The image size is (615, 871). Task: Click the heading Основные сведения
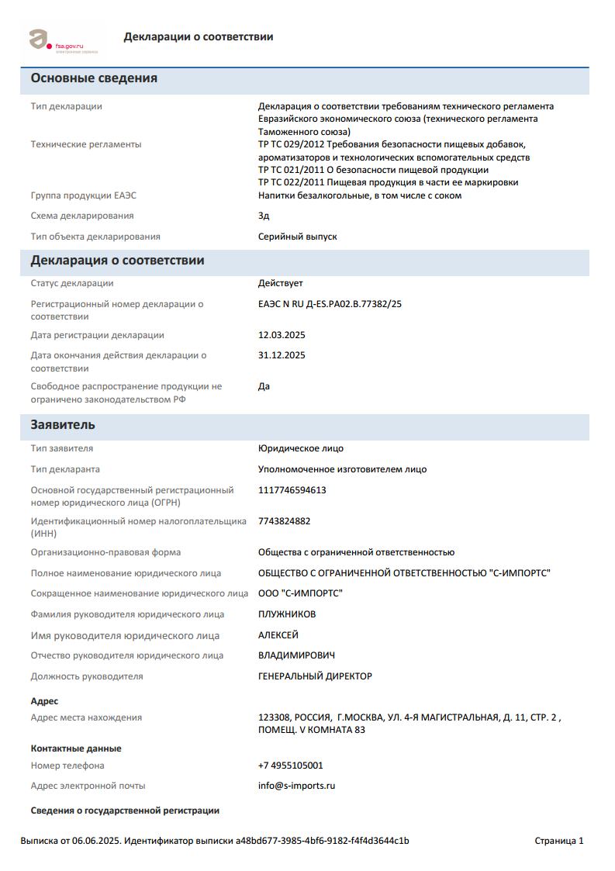click(94, 78)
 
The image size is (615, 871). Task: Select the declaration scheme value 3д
click(264, 216)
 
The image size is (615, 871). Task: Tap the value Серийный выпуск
click(297, 237)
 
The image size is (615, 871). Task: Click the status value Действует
click(280, 283)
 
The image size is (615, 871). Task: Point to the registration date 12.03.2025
click(282, 335)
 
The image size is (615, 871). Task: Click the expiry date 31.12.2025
click(282, 355)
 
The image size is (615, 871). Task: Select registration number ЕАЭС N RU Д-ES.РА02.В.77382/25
click(330, 304)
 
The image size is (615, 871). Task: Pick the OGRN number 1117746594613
click(292, 490)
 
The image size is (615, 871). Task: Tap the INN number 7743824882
click(284, 521)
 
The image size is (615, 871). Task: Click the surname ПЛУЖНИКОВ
click(287, 614)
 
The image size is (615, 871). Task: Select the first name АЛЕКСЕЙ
click(278, 635)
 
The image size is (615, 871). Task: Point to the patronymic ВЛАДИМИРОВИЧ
click(296, 655)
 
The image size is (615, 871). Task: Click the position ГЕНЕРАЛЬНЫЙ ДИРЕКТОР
click(315, 676)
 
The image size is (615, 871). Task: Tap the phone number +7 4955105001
click(290, 766)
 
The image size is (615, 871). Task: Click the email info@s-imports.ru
click(296, 786)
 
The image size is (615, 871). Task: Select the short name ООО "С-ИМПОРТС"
click(300, 593)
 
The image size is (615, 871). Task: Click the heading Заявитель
click(63, 425)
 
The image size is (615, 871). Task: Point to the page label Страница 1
click(558, 841)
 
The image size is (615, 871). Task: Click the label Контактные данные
click(76, 748)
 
